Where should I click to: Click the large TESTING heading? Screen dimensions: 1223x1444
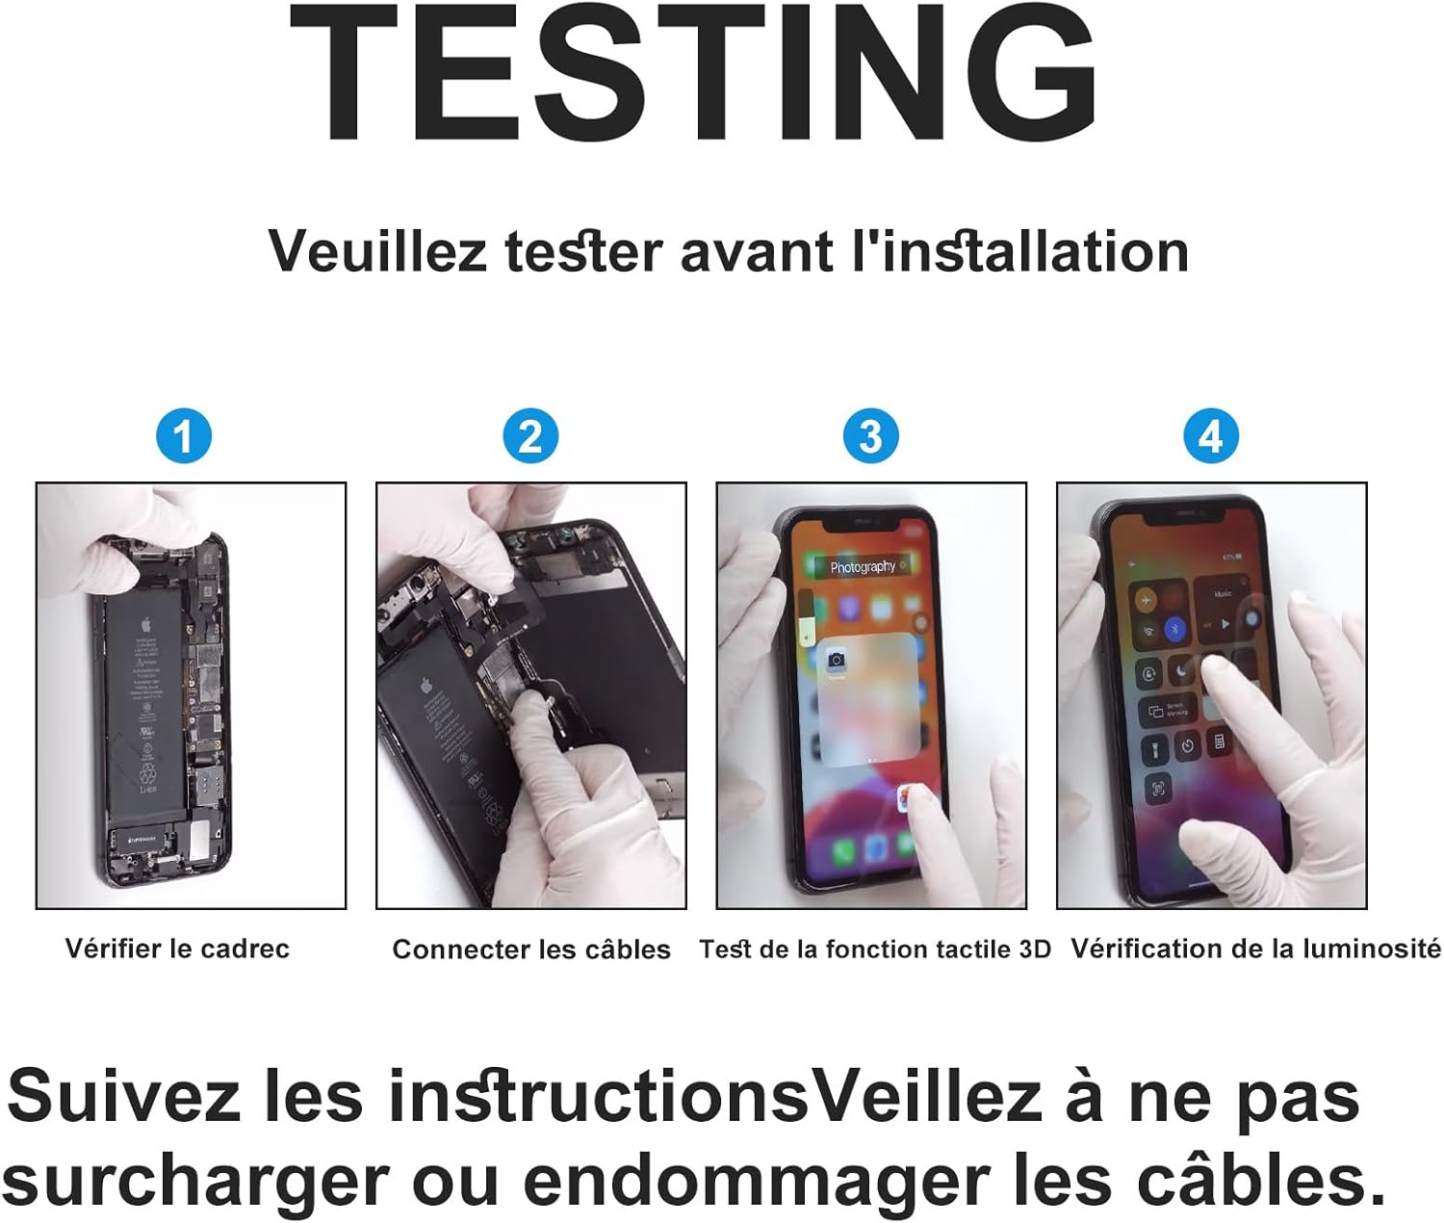coord(693,75)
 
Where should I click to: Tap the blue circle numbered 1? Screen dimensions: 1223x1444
coord(183,436)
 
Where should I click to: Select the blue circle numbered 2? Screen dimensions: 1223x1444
coord(530,436)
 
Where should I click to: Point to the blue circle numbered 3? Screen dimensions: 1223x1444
coord(870,436)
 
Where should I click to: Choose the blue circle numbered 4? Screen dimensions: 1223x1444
coord(1211,436)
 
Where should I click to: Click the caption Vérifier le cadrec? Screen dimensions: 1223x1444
coord(177,949)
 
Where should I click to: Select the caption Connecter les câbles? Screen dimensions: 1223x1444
coord(531,950)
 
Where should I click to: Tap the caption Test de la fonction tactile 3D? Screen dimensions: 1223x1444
coord(875,950)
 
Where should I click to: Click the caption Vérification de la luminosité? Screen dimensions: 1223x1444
coord(1255,949)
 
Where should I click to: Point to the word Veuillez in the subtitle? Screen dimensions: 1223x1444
coord(377,252)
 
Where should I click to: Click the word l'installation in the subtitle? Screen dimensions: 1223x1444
coord(1020,252)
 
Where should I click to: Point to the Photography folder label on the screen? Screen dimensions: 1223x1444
coord(863,567)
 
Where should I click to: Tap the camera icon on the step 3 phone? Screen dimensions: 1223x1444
coord(836,660)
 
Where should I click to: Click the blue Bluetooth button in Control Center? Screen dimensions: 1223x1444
coord(1175,629)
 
